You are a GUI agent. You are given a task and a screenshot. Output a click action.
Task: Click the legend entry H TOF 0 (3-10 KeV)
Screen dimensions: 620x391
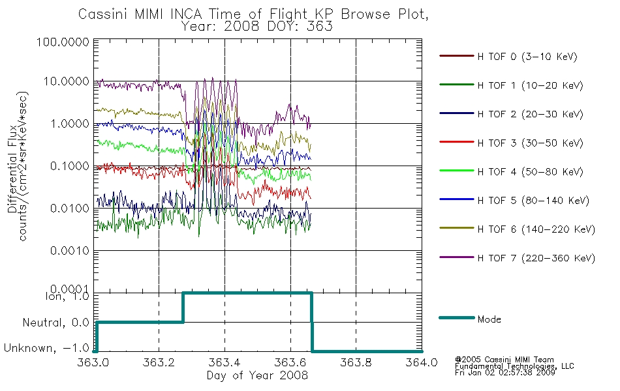coord(508,57)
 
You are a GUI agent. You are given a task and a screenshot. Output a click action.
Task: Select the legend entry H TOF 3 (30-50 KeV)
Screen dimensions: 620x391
coord(511,143)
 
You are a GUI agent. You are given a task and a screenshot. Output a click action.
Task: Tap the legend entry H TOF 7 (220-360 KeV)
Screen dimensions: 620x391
coord(517,258)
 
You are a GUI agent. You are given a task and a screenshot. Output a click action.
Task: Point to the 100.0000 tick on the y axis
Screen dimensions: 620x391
coord(63,42)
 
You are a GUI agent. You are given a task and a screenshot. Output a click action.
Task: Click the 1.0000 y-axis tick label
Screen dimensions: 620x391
coord(70,124)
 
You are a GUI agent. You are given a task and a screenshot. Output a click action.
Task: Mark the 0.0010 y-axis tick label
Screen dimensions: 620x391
coord(70,251)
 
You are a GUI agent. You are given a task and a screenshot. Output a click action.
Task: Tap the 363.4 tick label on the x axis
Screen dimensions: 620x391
coord(225,362)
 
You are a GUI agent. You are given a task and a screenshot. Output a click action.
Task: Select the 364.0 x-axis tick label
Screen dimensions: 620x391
coord(422,362)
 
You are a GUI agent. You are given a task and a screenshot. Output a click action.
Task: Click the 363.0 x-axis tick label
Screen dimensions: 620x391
coord(93,362)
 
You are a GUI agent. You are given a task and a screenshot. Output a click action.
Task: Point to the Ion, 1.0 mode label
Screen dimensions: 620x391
coord(67,296)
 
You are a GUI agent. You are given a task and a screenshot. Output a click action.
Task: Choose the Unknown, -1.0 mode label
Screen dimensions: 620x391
coord(46,348)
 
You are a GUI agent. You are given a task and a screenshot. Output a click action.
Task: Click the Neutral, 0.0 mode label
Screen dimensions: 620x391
coord(56,323)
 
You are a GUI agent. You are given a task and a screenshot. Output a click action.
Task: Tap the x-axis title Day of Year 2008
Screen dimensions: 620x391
coord(257,375)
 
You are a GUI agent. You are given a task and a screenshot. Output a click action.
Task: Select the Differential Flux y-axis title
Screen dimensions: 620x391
coord(12,169)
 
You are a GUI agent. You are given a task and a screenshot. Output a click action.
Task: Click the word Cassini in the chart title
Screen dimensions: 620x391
coord(103,14)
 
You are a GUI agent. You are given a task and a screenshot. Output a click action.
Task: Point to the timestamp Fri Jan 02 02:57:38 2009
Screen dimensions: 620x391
coord(505,373)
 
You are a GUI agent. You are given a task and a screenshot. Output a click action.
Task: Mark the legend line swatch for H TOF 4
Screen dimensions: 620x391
coord(457,171)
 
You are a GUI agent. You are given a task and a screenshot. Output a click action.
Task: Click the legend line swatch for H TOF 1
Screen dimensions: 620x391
coord(457,85)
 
